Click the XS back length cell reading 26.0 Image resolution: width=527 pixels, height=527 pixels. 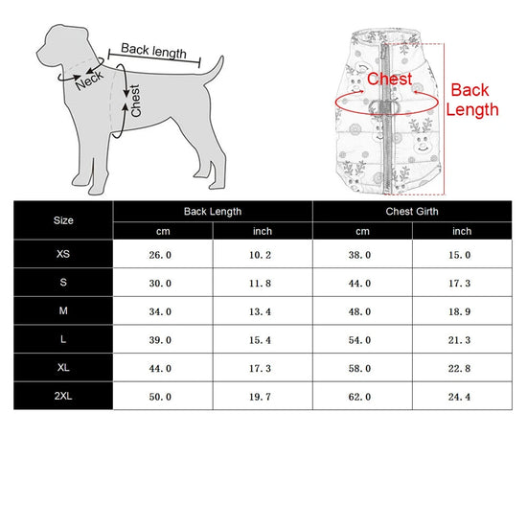tap(160, 255)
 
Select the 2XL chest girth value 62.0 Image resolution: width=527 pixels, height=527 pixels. tap(359, 397)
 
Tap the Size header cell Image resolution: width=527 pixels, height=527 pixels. tap(63, 220)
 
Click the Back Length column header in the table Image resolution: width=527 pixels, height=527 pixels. tap(213, 212)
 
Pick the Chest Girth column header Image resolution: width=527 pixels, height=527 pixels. tap(412, 212)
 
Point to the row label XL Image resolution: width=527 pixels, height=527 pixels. tap(63, 367)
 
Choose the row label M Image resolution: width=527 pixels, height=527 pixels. tap(63, 310)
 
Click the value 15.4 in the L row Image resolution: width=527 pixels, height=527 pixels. tap(260, 340)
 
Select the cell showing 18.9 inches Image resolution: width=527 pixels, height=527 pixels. tap(459, 311)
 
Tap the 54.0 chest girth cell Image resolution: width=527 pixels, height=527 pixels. tap(359, 340)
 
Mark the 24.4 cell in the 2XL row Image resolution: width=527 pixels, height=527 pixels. tap(459, 397)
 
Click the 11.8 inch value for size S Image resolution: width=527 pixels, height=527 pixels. tap(260, 284)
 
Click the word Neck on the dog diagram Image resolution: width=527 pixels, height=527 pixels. tap(89, 80)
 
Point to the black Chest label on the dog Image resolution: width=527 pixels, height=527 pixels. tap(135, 101)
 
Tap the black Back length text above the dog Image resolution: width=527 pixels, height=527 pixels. tap(153, 51)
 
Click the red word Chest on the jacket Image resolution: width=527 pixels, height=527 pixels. tap(389, 79)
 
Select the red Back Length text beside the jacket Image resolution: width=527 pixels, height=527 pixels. tap(471, 100)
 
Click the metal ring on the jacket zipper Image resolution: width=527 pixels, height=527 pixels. tap(384, 107)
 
